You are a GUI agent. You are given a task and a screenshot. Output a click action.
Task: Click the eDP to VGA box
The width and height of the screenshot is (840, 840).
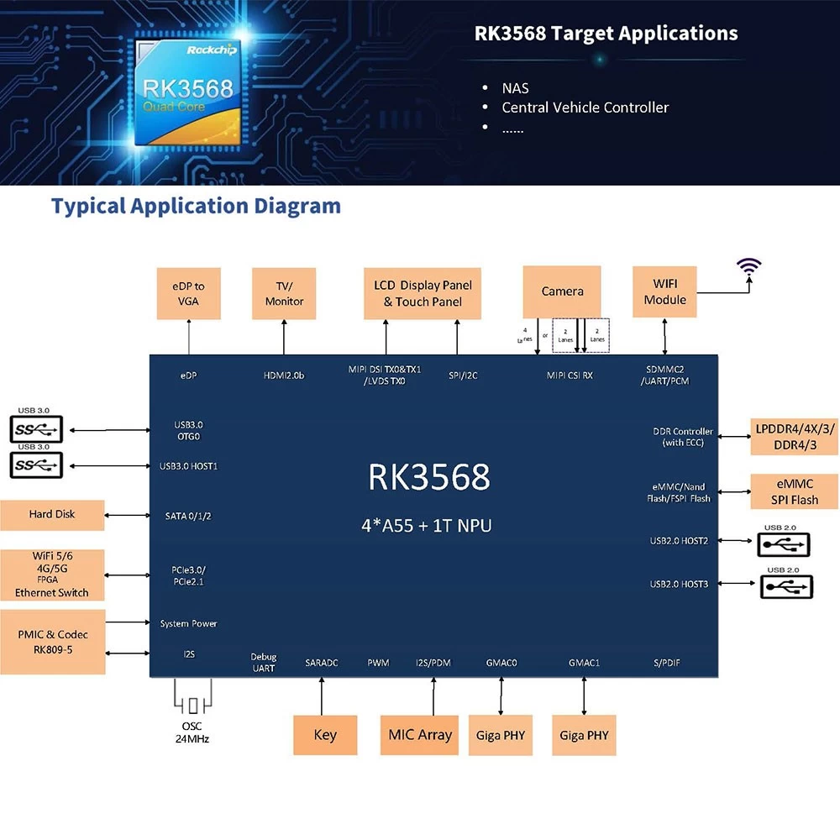click(189, 293)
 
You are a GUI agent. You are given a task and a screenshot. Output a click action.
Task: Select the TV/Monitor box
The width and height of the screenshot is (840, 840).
click(284, 293)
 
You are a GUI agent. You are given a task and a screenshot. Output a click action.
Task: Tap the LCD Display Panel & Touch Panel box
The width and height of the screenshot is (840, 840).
click(423, 293)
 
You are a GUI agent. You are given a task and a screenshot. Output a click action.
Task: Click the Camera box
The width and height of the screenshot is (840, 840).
click(562, 291)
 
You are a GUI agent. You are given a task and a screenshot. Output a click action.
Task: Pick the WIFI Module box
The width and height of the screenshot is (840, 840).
click(664, 291)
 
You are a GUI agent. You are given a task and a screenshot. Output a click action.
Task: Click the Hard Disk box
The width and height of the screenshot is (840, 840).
click(52, 514)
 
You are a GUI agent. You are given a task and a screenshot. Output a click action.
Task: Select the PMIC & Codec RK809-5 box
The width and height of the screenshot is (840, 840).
click(52, 642)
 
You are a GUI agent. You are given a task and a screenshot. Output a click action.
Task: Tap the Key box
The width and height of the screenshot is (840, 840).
click(325, 735)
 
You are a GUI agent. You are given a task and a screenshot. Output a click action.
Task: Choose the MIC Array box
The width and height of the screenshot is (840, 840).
click(419, 735)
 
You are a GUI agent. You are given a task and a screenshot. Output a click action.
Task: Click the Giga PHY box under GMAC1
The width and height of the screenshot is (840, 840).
click(584, 736)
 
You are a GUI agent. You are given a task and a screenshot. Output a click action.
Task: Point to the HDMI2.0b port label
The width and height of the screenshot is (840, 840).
click(283, 375)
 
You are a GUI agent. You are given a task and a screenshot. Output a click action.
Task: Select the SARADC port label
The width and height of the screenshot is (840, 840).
click(322, 663)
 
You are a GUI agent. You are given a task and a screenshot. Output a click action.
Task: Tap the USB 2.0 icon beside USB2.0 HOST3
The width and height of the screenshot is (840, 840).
click(787, 585)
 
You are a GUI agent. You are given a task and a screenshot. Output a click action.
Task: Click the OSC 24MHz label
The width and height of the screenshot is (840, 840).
click(192, 732)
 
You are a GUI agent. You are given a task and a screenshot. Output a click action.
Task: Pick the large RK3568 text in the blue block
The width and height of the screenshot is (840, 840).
click(428, 477)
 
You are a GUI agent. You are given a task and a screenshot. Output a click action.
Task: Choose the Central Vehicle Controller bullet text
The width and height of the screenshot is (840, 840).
click(585, 108)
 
